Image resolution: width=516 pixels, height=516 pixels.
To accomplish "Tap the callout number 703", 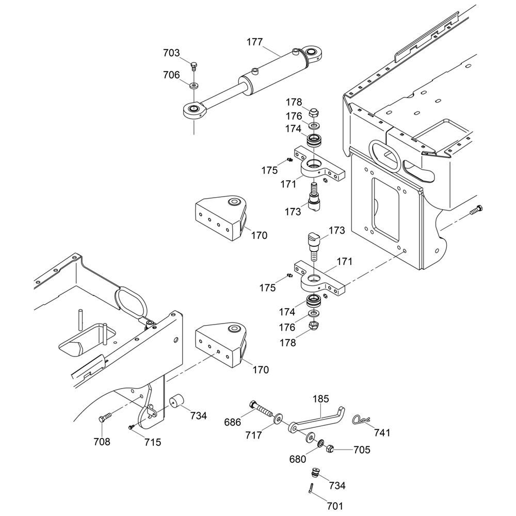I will pos(171,53).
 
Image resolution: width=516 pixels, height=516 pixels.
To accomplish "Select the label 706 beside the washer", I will pos(171,75).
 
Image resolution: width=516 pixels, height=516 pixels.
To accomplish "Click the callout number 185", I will pos(321,399).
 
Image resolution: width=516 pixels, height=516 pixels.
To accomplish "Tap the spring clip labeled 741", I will pos(362,421).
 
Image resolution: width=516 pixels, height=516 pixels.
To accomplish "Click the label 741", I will pos(382,432).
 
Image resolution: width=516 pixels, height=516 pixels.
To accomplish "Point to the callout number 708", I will pos(102,442).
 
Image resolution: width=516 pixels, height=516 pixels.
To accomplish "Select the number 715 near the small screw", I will pos(153,442).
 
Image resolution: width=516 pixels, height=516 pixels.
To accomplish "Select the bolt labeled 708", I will pos(105,418).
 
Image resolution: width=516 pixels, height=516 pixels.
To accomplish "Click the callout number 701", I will pos(335,506).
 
